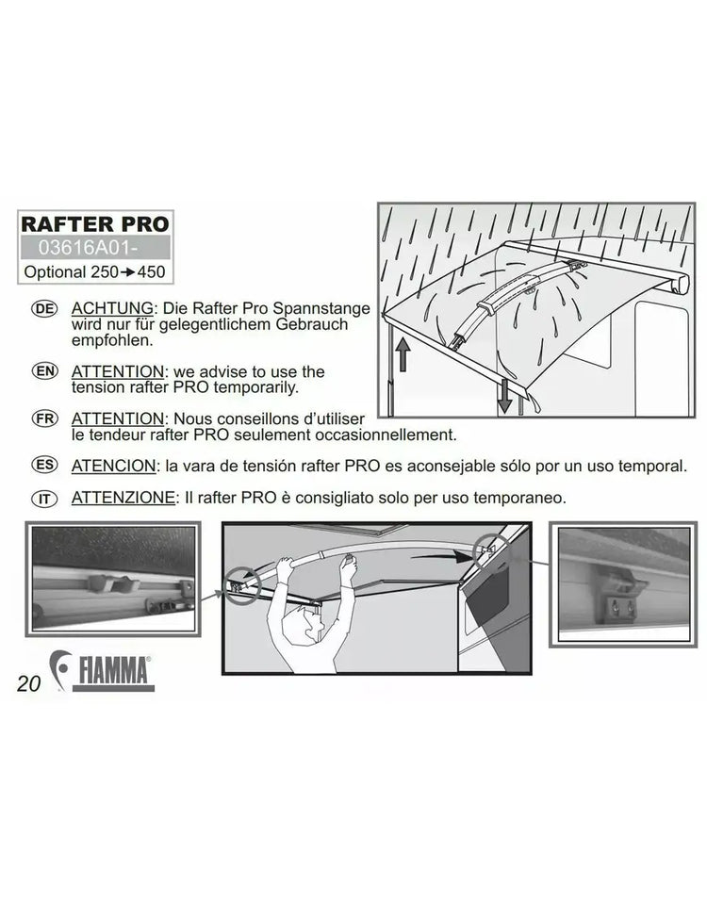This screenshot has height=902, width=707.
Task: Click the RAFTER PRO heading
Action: [95, 223]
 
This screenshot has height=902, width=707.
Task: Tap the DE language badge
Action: [44, 309]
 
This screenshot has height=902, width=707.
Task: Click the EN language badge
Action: [44, 371]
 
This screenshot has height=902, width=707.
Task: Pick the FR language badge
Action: [44, 418]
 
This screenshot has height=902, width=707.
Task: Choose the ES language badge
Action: [44, 465]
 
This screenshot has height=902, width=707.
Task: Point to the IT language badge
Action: [44, 499]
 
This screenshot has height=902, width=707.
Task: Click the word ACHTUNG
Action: [113, 308]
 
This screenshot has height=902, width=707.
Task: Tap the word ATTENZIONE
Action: [123, 497]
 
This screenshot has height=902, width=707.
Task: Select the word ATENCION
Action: [113, 466]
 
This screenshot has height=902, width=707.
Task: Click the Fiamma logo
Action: [103, 671]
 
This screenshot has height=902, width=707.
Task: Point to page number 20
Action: [29, 683]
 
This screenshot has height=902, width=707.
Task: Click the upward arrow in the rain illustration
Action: [403, 353]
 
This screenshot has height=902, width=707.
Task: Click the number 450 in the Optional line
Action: [151, 272]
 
